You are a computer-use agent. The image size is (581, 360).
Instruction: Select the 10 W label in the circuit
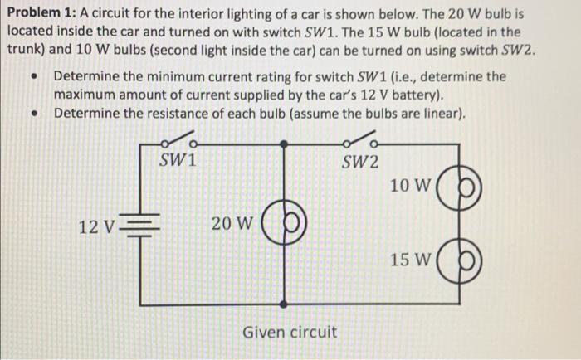(x=409, y=186)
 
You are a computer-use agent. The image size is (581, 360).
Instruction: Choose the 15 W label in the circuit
(x=409, y=260)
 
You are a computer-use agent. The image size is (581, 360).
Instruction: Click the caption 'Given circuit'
(x=290, y=332)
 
